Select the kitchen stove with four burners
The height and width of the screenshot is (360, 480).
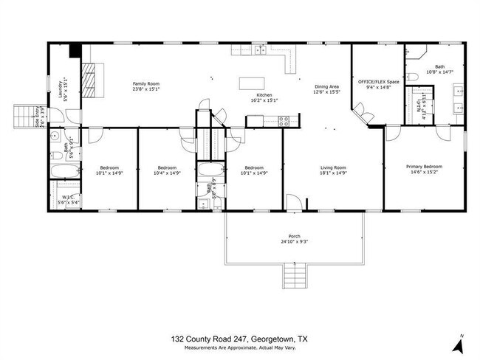click(x=281, y=121)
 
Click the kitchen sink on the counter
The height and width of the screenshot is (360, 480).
click(x=260, y=49)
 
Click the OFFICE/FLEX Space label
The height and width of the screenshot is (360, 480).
click(x=378, y=81)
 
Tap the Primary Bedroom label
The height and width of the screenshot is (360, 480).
click(x=424, y=167)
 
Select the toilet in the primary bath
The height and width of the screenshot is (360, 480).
click(x=414, y=77)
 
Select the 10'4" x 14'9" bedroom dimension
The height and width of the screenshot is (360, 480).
click(x=167, y=173)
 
